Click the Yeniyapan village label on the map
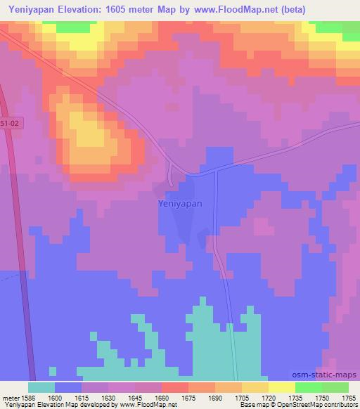click(179, 203)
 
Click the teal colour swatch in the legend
click(41, 387)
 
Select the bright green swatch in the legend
click(308, 387)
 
